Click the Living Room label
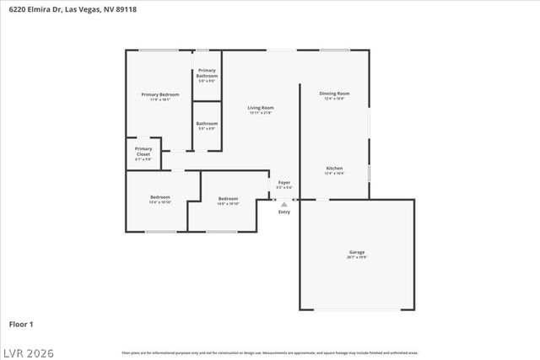pos(261,108)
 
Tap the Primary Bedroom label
pos(159,94)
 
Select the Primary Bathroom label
pos(207,73)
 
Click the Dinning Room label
pos(334,93)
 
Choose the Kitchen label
pos(334,169)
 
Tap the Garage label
pos(357,251)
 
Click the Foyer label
pos(284,182)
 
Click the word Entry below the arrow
pos(284,212)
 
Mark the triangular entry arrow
pos(284,203)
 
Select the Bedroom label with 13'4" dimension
pos(159,197)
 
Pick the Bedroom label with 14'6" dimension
pos(228,199)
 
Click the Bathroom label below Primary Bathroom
pos(207,123)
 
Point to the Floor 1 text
pos(21,323)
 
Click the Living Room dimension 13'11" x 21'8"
pos(261,113)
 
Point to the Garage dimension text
pos(357,257)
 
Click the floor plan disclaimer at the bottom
pos(270,352)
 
